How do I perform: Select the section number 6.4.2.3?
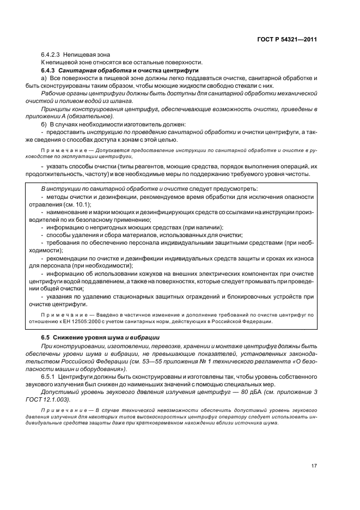pyautogui.click(x=51, y=54)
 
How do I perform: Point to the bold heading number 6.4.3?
pyautogui.click(x=49, y=70)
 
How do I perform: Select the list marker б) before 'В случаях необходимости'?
pyautogui.click(x=45, y=124)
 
